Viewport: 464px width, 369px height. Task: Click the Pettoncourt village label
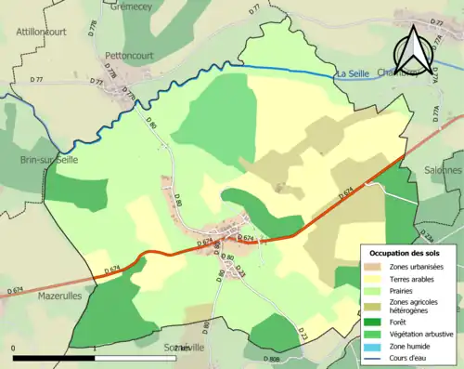point(128,55)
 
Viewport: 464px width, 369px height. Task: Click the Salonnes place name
point(443,170)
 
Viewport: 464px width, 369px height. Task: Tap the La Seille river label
point(353,73)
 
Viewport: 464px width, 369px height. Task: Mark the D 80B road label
point(271,359)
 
